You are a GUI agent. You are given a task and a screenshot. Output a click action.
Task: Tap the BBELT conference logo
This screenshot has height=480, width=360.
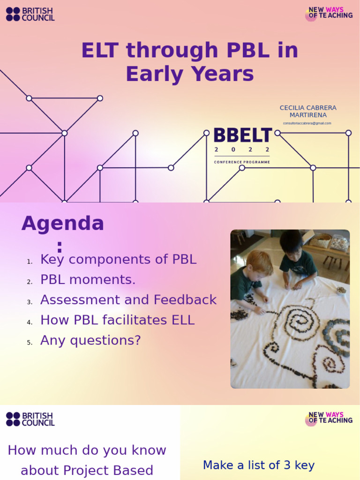242,136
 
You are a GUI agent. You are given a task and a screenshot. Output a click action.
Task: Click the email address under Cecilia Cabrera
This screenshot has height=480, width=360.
307,123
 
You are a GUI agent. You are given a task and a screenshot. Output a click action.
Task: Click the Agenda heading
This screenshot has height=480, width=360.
62,224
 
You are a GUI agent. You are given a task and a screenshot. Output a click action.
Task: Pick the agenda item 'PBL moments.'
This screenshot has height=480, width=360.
88,280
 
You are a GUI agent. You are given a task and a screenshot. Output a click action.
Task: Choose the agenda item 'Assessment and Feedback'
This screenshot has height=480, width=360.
128,300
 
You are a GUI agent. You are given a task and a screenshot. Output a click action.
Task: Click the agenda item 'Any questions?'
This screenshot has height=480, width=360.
90,340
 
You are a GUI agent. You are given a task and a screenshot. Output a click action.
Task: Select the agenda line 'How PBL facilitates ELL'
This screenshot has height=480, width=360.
117,320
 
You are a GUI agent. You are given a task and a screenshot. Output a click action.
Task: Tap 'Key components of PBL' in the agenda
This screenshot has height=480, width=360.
118,260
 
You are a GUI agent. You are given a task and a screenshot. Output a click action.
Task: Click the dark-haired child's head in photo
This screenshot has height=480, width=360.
291,244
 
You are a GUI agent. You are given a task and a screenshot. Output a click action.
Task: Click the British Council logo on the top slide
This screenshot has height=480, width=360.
30,14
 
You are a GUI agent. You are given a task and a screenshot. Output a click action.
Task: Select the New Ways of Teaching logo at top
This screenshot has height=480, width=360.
329,14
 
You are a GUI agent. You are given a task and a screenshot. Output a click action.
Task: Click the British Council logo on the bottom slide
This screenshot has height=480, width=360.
30,419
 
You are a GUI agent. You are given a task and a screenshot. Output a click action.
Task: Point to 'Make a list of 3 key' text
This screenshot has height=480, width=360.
258,465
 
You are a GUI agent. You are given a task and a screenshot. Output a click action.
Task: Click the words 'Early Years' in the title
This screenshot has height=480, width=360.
189,74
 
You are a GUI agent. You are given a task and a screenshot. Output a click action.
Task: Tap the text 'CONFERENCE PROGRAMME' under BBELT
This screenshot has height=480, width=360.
242,162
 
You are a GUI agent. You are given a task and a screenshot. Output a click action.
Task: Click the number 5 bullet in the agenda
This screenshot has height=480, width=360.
30,343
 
